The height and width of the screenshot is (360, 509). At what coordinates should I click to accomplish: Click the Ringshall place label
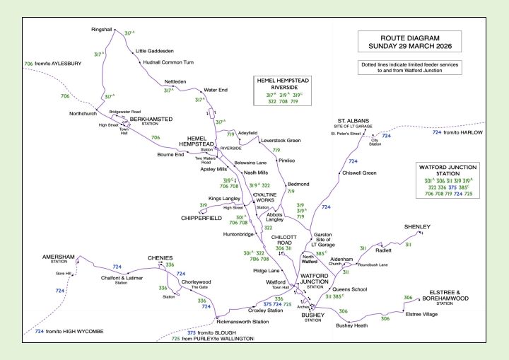point(103,30)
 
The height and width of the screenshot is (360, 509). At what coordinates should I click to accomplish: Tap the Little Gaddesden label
point(156,51)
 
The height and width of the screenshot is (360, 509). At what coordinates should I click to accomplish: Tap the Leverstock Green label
point(281,141)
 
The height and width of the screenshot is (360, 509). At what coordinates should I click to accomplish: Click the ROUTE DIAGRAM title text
point(409,37)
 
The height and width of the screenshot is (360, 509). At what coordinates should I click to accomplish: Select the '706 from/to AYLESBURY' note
point(53,64)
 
